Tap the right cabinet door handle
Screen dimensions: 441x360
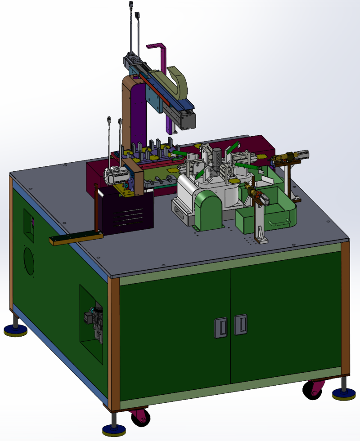240,324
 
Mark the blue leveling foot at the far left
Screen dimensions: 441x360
15,331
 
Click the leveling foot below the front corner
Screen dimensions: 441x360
114,430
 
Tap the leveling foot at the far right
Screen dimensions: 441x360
344,394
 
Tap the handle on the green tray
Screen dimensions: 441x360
279,222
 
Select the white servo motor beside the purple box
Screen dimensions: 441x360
115,175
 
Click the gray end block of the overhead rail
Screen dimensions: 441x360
186,120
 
